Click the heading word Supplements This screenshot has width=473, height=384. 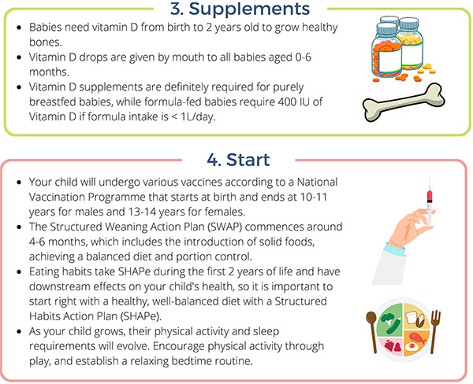pyautogui.click(x=249, y=9)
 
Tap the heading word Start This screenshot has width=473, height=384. pyautogui.click(x=248, y=160)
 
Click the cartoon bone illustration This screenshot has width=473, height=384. pyautogui.click(x=404, y=102)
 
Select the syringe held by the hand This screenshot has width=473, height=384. pyautogui.click(x=430, y=201)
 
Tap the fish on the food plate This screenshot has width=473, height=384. pyautogui.click(x=417, y=338)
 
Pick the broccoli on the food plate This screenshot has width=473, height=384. pyautogui.click(x=387, y=319)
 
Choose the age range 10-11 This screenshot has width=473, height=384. pyautogui.click(x=314, y=197)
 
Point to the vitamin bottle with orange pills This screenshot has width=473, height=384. pyautogui.click(x=387, y=50)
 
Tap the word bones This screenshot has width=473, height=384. pyautogui.click(x=45, y=42)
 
